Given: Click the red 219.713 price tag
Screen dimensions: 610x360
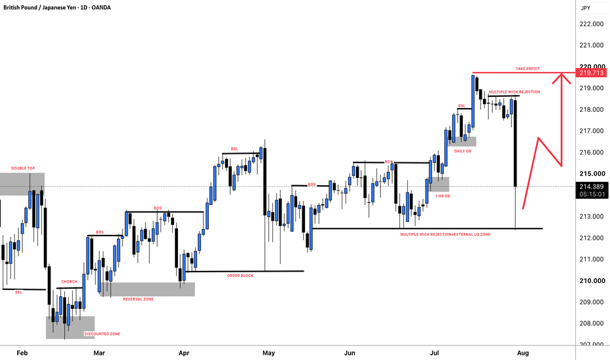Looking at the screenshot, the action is tap(591, 73).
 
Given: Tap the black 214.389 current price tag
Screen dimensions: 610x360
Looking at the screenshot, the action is tap(591, 187).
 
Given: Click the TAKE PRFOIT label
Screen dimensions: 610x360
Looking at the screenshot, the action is tap(528, 69).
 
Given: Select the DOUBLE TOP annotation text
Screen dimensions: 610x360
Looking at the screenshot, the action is tap(23, 168).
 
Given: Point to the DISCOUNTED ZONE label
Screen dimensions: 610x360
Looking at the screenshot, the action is tap(102, 334).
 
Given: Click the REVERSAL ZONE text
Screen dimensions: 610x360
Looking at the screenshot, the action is tap(138, 299).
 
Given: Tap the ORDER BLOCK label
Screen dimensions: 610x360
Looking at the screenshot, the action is tap(240, 276).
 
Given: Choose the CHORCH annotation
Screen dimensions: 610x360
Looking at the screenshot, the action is tap(69, 281).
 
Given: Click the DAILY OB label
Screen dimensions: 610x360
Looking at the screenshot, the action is tap(463, 151).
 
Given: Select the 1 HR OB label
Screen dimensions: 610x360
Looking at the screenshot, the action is tap(442, 196).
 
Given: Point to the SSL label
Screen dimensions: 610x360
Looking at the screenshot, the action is tap(19, 293).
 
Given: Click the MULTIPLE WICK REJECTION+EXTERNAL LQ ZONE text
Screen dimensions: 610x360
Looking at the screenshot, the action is tap(446, 235).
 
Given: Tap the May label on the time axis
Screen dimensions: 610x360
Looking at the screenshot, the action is tap(268, 353).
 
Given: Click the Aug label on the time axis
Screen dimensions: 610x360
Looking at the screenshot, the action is tap(523, 353).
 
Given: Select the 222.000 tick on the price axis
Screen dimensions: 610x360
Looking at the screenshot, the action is tap(591, 24).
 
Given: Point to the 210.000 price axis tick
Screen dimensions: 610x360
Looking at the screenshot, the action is tap(591, 281).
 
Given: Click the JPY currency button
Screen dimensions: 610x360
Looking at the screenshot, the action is tap(586, 8).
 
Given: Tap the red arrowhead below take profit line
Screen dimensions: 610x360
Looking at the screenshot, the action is tap(562, 79).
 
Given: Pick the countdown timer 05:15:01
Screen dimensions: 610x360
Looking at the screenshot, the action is tap(592, 194).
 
